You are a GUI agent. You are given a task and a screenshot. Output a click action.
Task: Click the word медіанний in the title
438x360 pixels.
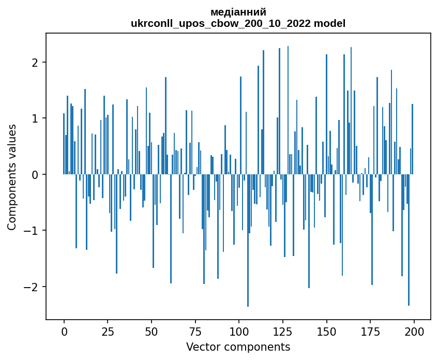[238, 12]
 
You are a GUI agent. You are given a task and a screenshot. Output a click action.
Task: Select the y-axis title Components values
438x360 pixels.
[11, 177]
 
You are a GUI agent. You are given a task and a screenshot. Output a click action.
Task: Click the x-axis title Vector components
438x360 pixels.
[238, 347]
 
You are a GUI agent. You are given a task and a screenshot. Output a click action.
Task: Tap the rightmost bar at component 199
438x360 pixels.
[412, 139]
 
